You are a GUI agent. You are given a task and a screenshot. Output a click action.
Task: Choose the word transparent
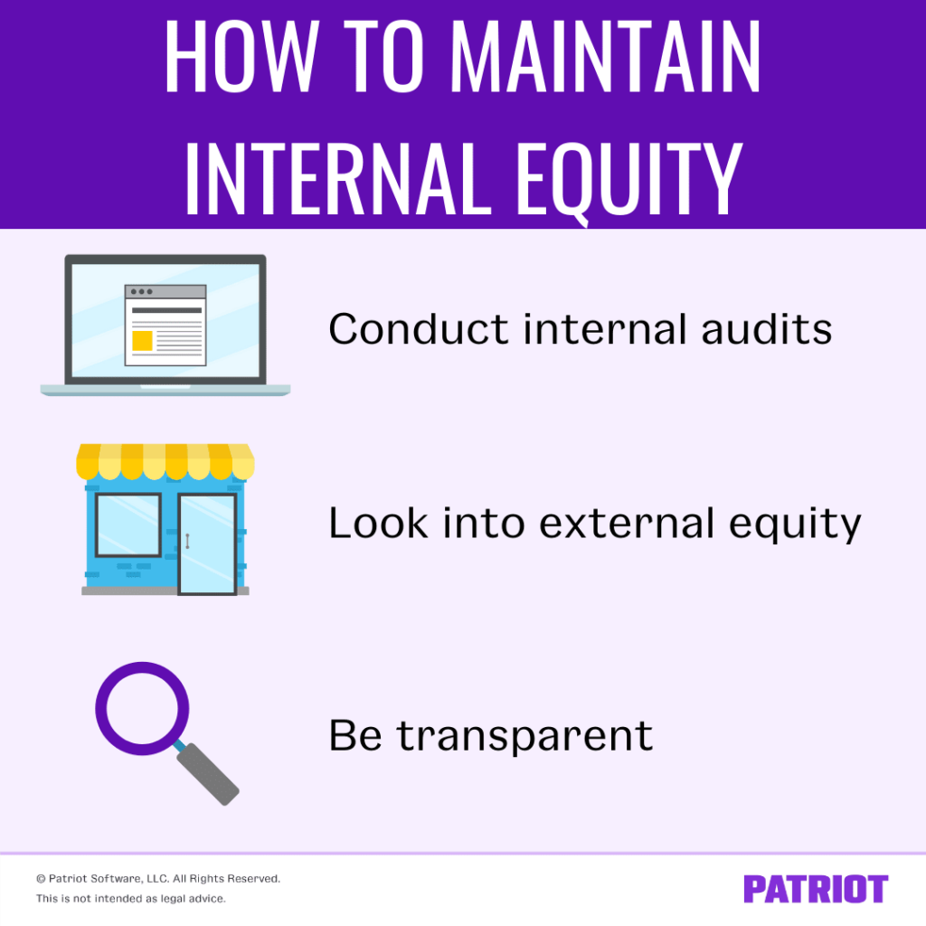click(524, 735)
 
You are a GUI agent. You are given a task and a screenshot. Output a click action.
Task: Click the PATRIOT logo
click(816, 889)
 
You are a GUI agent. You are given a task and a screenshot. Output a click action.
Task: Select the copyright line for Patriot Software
click(158, 878)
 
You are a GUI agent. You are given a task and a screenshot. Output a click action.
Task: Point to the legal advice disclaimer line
click(131, 899)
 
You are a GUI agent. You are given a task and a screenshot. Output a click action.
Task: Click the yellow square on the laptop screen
click(142, 341)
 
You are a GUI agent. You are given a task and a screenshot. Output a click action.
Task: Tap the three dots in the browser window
click(141, 292)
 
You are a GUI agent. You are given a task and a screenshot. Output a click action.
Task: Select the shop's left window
click(128, 524)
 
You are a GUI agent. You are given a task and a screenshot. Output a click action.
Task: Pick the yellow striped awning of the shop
click(165, 460)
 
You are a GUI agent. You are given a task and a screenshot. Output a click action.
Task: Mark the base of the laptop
click(165, 390)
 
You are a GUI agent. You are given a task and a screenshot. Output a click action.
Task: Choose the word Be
click(354, 735)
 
